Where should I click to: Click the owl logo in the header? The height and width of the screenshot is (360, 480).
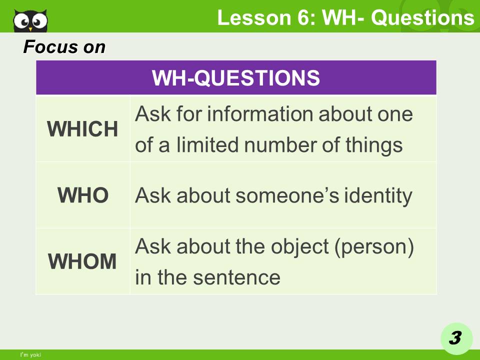(31, 19)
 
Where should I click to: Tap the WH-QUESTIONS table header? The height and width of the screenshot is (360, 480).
(236, 78)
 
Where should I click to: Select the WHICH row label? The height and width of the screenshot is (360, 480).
(83, 129)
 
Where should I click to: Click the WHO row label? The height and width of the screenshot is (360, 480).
(83, 195)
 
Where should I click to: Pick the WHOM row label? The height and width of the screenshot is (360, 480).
(83, 261)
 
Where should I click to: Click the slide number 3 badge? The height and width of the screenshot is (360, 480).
(454, 338)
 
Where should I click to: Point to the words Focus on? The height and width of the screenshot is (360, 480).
(64, 47)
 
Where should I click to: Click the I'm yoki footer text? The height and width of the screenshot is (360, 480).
(30, 355)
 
